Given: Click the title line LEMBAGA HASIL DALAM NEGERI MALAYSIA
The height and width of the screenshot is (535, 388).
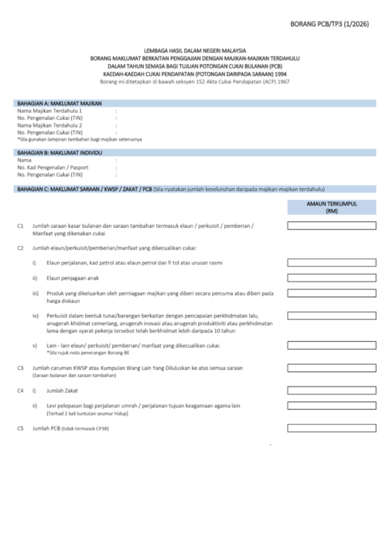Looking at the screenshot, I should coord(195,52).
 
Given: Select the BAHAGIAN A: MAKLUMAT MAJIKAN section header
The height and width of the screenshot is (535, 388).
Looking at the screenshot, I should coord(60,103).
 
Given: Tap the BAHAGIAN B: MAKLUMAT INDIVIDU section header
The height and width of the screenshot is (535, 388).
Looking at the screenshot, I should coord(60,152).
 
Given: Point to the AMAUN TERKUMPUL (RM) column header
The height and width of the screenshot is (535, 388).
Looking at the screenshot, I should coord(331,206).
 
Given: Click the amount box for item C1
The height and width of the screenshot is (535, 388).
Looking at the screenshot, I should coord(331,226).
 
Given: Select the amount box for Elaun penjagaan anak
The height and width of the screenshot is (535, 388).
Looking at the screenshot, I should coord(331,278).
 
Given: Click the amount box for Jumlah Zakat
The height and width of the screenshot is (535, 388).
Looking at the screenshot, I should coord(331,391).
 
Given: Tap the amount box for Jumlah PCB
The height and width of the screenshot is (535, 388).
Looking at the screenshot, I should coord(331,428).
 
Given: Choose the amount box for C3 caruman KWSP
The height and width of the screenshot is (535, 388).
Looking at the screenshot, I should coord(331,368).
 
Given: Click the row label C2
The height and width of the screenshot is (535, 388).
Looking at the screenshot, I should coord(21,248).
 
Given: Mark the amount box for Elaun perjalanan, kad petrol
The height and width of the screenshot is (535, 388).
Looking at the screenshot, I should coord(331,263).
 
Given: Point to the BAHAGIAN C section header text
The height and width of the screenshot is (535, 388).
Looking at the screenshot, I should coord(84,189).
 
